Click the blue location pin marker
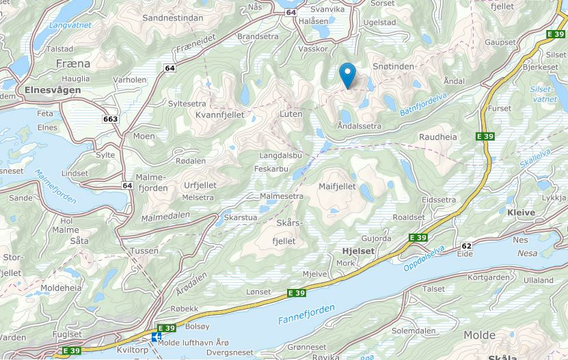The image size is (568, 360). pyautogui.click(x=347, y=74)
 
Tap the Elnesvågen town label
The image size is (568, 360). pyautogui.click(x=52, y=89)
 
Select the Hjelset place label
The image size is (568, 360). pyautogui.click(x=357, y=251)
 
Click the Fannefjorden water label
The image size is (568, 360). pyautogui.click(x=306, y=314)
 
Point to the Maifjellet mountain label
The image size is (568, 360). pyautogui.click(x=337, y=186)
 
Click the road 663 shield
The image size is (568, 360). pyautogui.click(x=110, y=119)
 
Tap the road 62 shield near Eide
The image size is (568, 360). pyautogui.click(x=467, y=245)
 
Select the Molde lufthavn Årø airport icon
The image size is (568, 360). pyautogui.click(x=157, y=337)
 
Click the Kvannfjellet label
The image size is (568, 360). pyautogui.click(x=220, y=115)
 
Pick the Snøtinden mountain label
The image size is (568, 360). pyautogui.click(x=394, y=66)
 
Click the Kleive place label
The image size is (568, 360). pyautogui.click(x=522, y=212)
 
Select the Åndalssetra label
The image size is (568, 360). pyautogui.click(x=359, y=126)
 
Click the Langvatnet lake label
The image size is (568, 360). pyautogui.click(x=70, y=26)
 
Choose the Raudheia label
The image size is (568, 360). pyautogui.click(x=437, y=137)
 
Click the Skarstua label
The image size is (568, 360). pyautogui.click(x=241, y=217)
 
